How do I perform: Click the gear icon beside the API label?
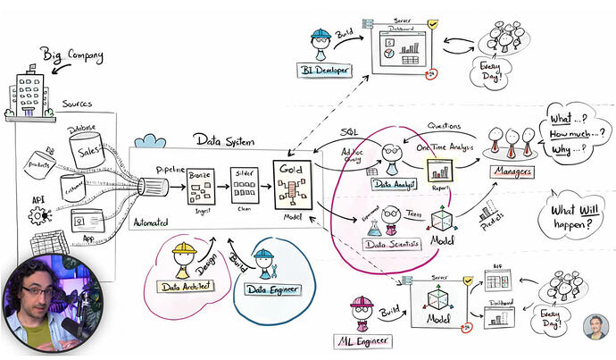(39, 215)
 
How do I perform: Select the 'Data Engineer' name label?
(268, 289)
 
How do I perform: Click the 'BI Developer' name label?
(326, 69)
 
